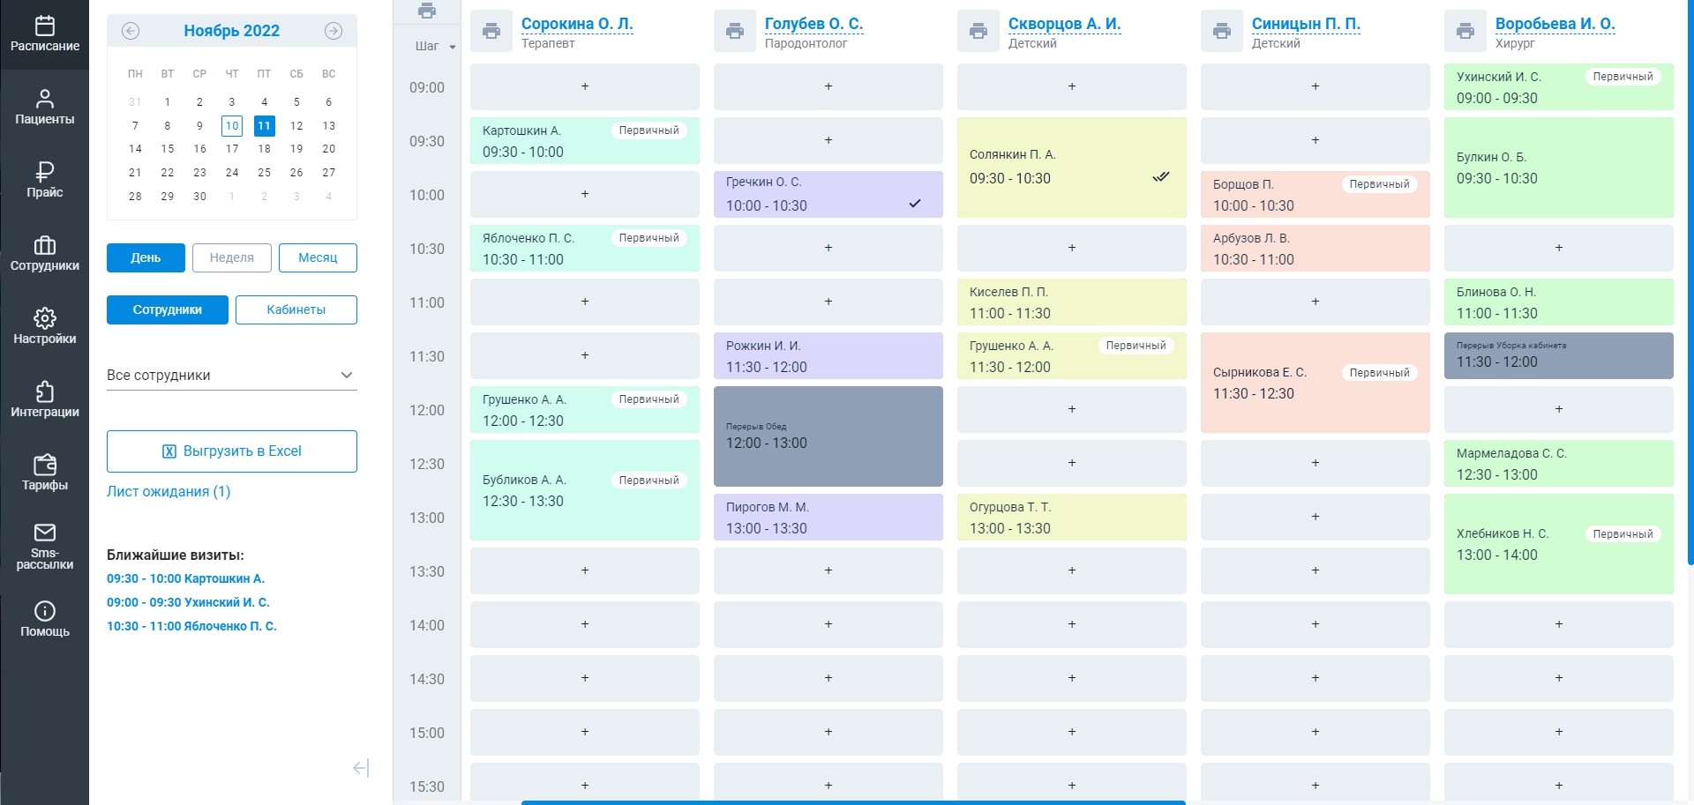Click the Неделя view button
231,257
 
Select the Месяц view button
318,257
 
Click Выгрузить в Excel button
232,451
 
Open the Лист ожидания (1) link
169,492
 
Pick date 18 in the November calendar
264,149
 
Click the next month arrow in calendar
333,31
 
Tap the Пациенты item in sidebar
44,106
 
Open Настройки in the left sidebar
44,325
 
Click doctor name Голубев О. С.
813,24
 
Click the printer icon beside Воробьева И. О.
1465,32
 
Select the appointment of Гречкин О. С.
828,194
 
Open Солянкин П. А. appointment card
1071,167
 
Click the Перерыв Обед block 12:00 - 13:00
828,436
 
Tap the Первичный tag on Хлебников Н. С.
1623,534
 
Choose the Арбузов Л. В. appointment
1315,249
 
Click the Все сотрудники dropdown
231,376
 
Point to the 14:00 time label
427,625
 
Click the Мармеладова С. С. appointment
1558,464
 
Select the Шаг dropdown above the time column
435,47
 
